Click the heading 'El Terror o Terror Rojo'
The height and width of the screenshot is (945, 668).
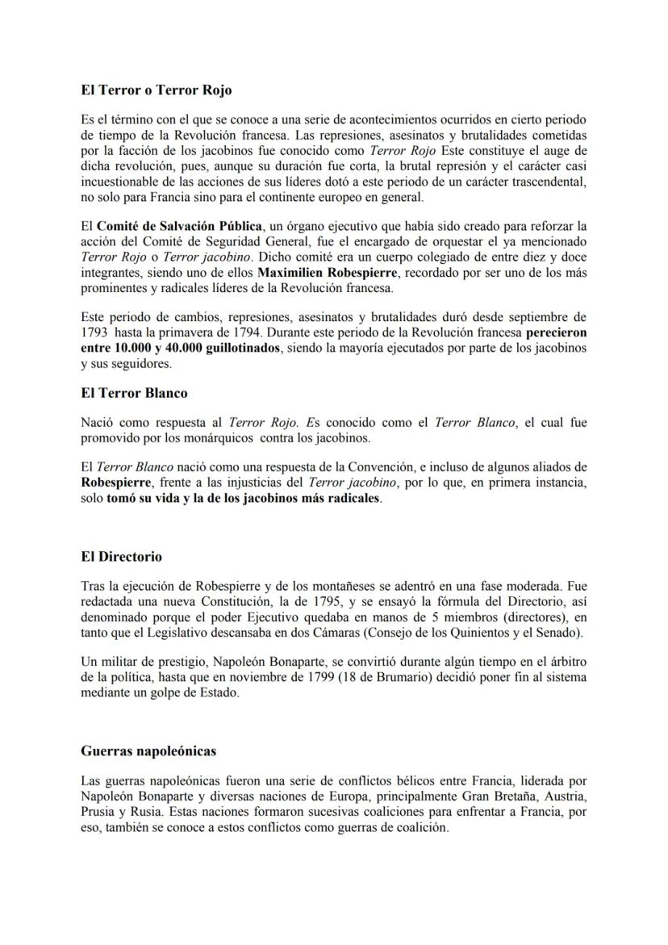[x=157, y=90]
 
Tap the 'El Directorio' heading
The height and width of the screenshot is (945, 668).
[x=121, y=557]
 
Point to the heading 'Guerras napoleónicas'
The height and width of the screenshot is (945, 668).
[x=148, y=751]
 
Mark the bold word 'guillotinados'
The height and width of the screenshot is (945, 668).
[x=232, y=347]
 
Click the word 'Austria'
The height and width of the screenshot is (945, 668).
[x=565, y=797]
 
